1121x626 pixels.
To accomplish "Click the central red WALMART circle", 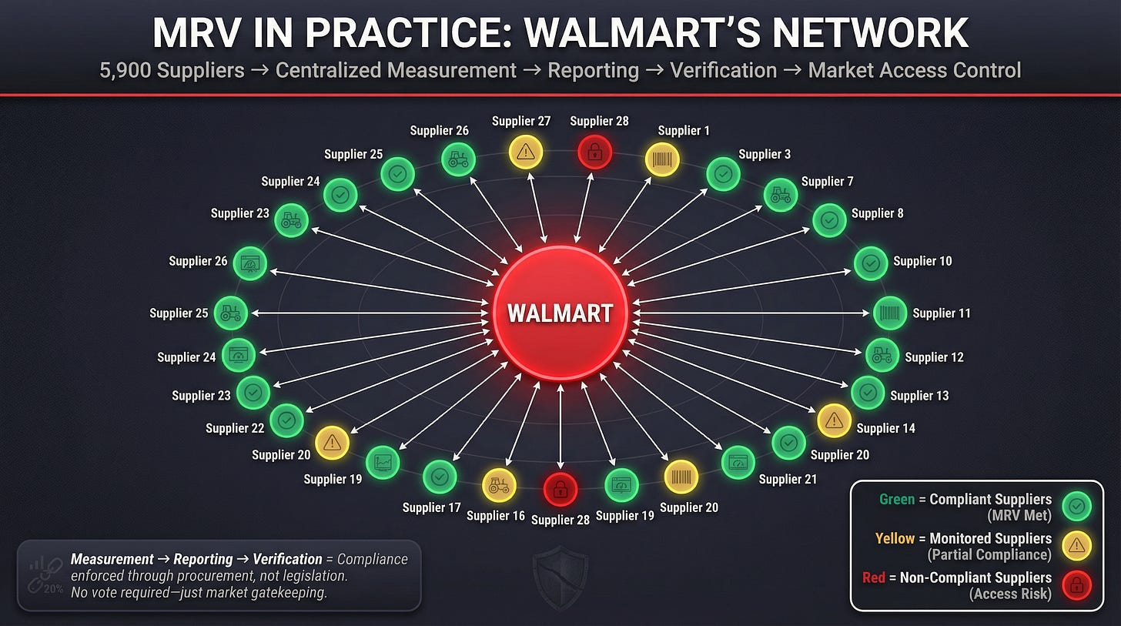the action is click(x=560, y=313).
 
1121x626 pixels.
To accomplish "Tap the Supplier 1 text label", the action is click(x=684, y=130).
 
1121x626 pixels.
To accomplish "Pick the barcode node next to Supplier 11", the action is click(x=889, y=313).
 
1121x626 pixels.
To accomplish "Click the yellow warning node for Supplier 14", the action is click(x=833, y=420).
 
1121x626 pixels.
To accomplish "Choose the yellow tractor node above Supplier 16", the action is click(x=498, y=485).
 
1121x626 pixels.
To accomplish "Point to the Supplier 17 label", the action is click(x=431, y=507).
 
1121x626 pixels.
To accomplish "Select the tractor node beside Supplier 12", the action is click(x=882, y=355).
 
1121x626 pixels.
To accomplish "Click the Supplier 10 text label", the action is click(x=922, y=261).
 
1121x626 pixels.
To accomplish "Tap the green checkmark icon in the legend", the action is click(x=1076, y=506).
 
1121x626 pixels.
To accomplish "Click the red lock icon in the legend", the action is click(x=1076, y=585).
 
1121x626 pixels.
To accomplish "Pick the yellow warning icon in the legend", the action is click(x=1076, y=546).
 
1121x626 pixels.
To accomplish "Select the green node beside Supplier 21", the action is click(x=738, y=462).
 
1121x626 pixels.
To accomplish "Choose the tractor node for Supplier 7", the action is click(x=780, y=194).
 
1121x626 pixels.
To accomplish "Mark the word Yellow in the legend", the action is click(x=894, y=538).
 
